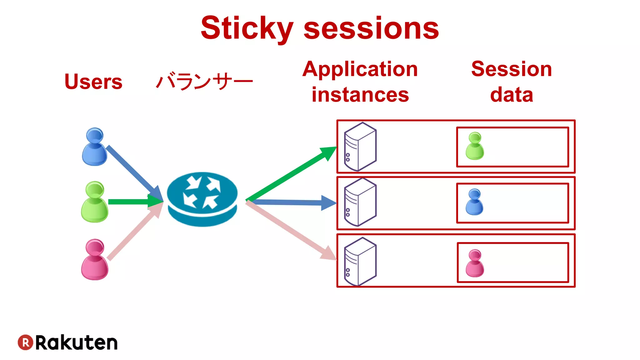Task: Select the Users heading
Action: pyautogui.click(x=93, y=82)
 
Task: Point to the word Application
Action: pyautogui.click(x=360, y=69)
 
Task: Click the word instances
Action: pyautogui.click(x=360, y=95)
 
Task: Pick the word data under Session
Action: pyautogui.click(x=511, y=95)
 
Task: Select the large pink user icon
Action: pyautogui.click(x=95, y=260)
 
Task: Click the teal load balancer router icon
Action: pyautogui.click(x=202, y=199)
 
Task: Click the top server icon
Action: pyautogui.click(x=360, y=147)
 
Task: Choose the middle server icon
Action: pyautogui.click(x=360, y=202)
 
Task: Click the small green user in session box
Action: pyautogui.click(x=475, y=146)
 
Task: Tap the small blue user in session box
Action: pyautogui.click(x=474, y=202)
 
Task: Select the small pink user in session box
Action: pyautogui.click(x=475, y=263)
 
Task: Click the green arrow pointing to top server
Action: pyautogui.click(x=291, y=174)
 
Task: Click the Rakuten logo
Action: pyautogui.click(x=67, y=342)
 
